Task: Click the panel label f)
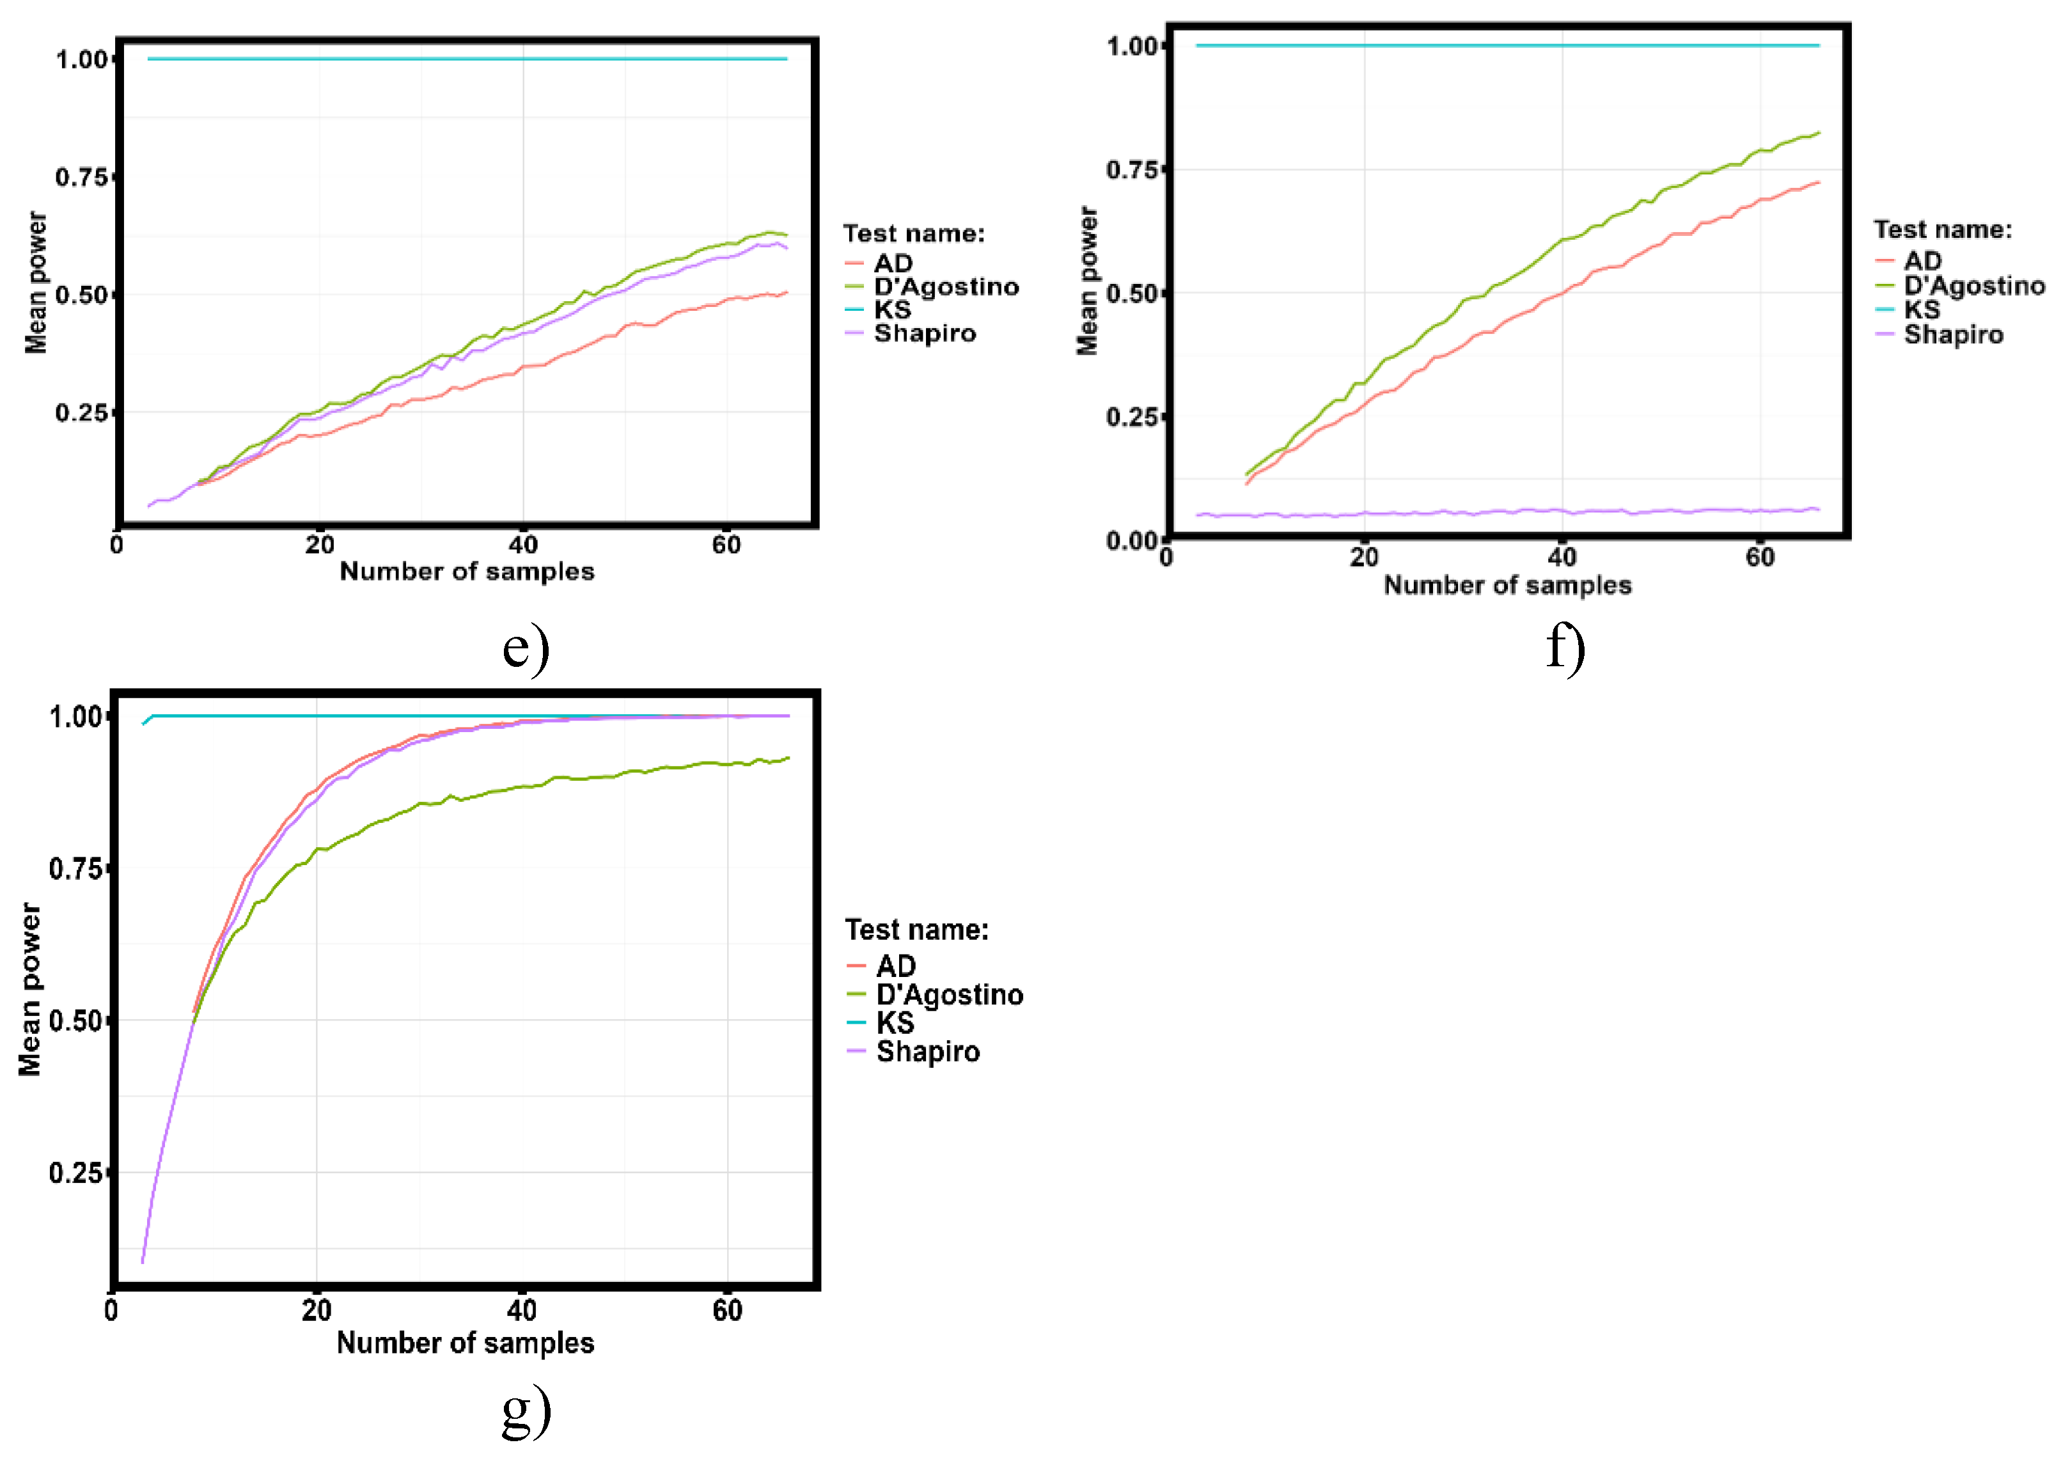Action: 1565,648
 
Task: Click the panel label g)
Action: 526,1412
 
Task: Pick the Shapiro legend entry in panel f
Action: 1953,334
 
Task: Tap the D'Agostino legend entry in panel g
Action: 949,995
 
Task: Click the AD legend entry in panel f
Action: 1922,261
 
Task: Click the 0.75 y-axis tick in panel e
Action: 82,177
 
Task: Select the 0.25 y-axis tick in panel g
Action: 75,1173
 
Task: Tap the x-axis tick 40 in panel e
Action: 522,545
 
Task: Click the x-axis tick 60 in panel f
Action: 1760,558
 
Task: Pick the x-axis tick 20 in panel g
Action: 316,1310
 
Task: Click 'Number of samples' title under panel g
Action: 465,1343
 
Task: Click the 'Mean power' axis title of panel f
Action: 1088,281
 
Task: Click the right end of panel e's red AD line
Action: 787,292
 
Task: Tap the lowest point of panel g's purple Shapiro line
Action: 142,1262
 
